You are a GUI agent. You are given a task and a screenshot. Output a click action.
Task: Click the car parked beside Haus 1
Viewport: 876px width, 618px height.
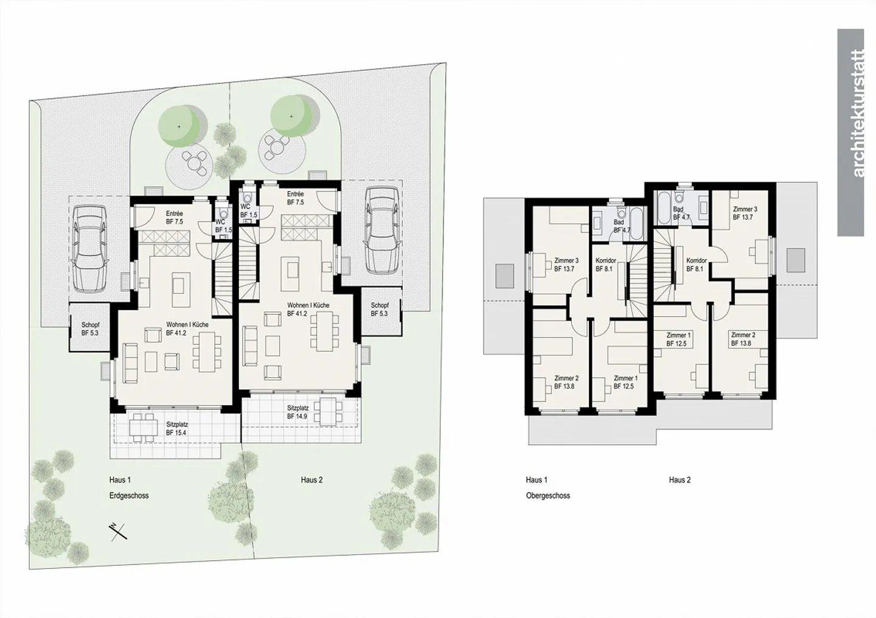coord(89,249)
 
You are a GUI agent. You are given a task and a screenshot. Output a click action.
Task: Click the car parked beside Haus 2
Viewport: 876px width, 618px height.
coord(383,230)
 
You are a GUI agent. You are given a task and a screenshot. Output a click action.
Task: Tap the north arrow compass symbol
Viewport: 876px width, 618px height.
coord(118,532)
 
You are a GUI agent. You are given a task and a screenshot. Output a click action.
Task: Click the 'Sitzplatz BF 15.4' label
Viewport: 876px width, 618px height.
coord(177,428)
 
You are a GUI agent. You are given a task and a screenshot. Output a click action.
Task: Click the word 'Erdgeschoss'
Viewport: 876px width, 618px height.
coord(129,496)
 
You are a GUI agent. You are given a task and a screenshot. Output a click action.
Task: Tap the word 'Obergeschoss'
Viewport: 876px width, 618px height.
coord(548,496)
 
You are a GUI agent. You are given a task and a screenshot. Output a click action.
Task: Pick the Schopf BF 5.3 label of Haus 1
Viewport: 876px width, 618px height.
coord(90,329)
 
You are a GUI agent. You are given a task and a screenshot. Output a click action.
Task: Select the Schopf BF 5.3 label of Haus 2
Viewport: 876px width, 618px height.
coord(380,309)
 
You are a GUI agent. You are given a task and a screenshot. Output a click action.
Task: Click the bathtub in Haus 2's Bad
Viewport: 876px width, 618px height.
coord(663,207)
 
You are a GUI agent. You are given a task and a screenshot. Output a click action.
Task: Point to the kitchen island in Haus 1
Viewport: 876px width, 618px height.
coord(181,290)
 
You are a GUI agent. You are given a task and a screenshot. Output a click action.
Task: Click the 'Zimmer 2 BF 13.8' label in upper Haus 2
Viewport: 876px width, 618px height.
coord(743,339)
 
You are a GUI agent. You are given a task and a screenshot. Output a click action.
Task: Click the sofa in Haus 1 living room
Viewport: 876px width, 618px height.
coord(130,363)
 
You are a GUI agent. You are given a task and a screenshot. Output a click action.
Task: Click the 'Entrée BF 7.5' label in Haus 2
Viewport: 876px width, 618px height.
coord(295,198)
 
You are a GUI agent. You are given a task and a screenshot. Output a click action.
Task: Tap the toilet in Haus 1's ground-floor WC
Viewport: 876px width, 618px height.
coord(223,212)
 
